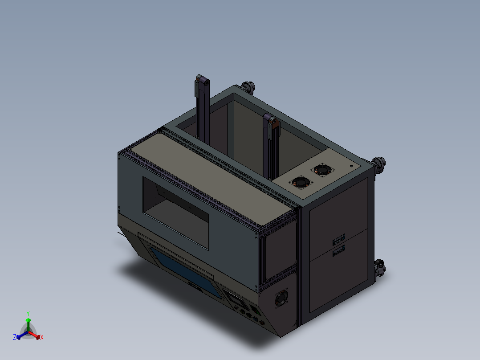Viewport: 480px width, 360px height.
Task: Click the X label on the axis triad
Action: coord(42,338)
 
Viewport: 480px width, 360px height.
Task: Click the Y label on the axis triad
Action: coord(28,313)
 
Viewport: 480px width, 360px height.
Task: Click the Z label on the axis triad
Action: coord(15,338)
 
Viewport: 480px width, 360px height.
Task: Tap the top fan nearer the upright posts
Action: coord(301,182)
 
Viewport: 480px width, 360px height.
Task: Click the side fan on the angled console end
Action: coord(281,299)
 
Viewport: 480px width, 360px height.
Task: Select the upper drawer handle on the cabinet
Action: coord(339,240)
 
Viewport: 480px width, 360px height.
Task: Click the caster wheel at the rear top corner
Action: coord(247,87)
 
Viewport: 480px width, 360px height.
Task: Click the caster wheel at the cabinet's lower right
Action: coord(379,269)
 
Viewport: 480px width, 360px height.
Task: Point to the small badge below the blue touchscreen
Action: coord(195,286)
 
